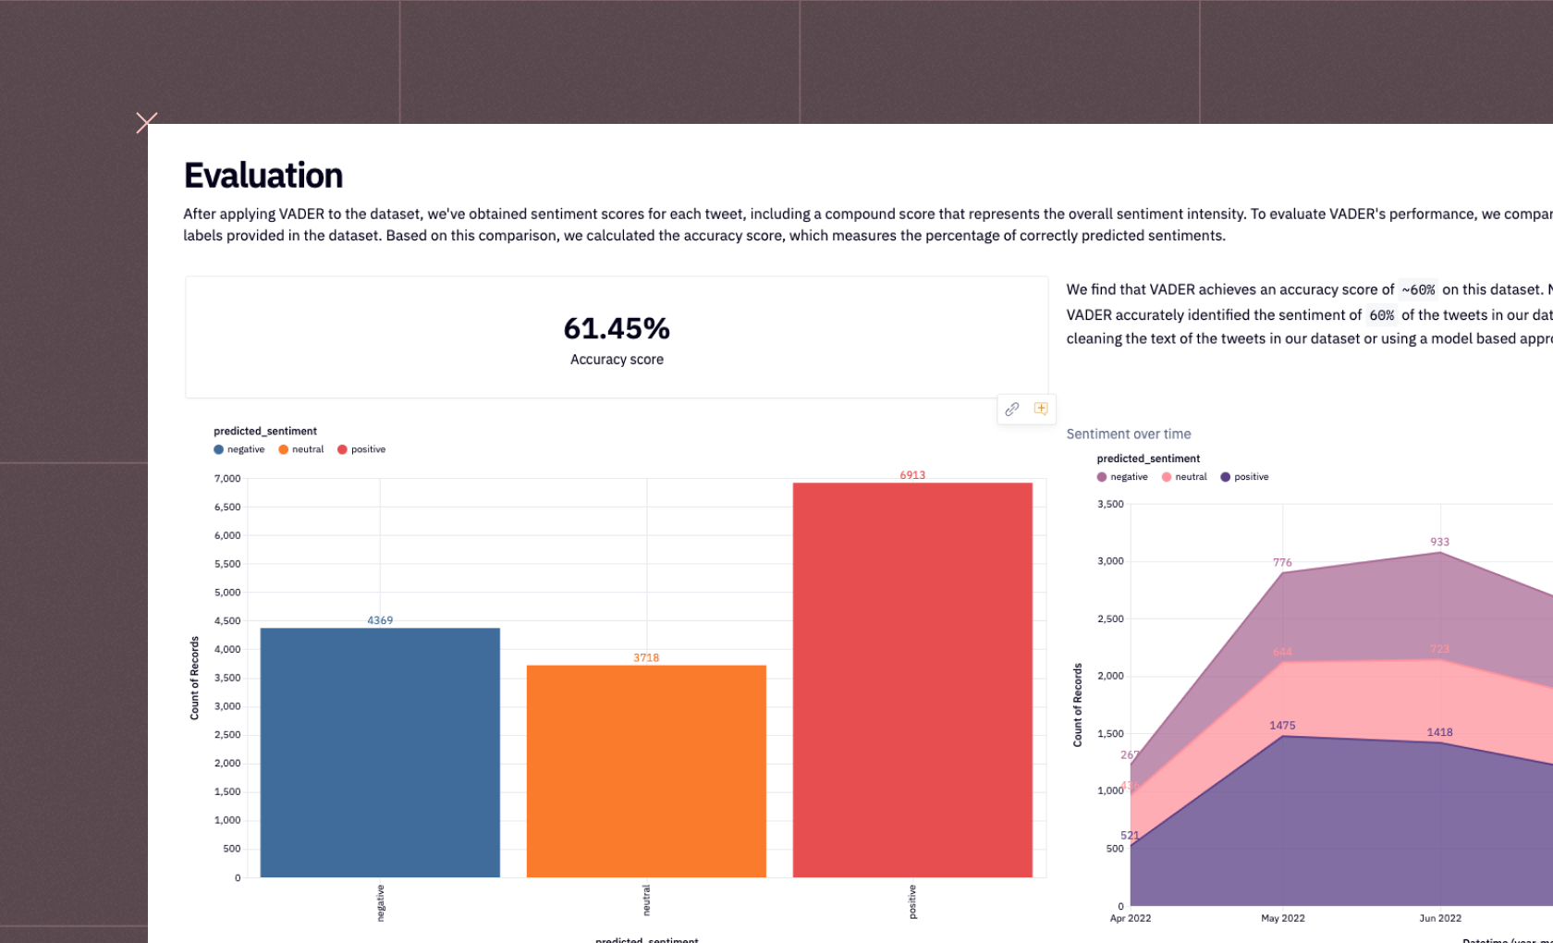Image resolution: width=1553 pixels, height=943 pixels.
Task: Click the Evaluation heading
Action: pyautogui.click(x=263, y=176)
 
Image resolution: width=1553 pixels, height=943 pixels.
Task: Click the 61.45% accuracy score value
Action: pyautogui.click(x=617, y=328)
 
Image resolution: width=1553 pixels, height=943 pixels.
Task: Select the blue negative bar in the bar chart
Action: pyautogui.click(x=380, y=753)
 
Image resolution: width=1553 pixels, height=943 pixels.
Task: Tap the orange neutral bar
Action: pyautogui.click(x=646, y=771)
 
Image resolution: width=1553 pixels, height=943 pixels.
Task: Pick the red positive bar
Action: pyautogui.click(x=912, y=680)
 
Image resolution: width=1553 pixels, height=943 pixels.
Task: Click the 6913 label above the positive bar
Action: pyautogui.click(x=912, y=475)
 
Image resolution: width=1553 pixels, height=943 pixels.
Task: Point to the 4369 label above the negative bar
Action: pyautogui.click(x=380, y=620)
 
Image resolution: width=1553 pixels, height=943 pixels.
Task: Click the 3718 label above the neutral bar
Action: pyautogui.click(x=646, y=658)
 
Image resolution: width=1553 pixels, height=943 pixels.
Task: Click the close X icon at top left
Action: pyautogui.click(x=146, y=122)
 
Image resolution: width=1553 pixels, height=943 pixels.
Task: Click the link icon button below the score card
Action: pyautogui.click(x=1012, y=409)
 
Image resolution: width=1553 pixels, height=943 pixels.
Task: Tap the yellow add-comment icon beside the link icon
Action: pyautogui.click(x=1041, y=409)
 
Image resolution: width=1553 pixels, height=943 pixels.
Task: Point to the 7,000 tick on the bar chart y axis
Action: pyautogui.click(x=227, y=479)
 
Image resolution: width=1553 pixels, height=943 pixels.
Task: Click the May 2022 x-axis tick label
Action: pyautogui.click(x=1282, y=918)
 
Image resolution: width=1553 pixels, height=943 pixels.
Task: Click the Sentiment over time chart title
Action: pyautogui.click(x=1128, y=434)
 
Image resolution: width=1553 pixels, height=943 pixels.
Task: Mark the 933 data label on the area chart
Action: pyautogui.click(x=1439, y=542)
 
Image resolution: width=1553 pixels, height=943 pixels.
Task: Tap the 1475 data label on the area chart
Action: pyautogui.click(x=1282, y=726)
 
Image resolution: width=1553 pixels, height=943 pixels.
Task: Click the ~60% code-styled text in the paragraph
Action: pyautogui.click(x=1418, y=290)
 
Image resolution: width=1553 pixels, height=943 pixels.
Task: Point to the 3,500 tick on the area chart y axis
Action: pyautogui.click(x=1110, y=504)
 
